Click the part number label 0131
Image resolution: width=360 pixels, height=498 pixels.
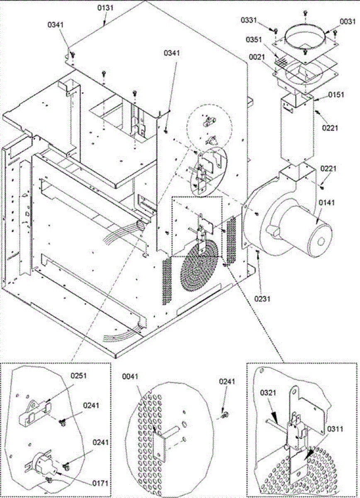105,8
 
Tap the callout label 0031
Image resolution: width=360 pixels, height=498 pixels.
348,22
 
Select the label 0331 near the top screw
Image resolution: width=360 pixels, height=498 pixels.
249,20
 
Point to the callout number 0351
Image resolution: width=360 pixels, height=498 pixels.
254,40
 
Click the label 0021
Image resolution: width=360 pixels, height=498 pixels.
257,57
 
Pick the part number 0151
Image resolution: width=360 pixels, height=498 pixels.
336,95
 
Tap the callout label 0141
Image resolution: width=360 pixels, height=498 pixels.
326,203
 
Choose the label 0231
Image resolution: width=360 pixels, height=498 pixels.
263,299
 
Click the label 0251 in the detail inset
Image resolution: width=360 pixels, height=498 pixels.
78,376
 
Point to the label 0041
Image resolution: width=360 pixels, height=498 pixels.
130,376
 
